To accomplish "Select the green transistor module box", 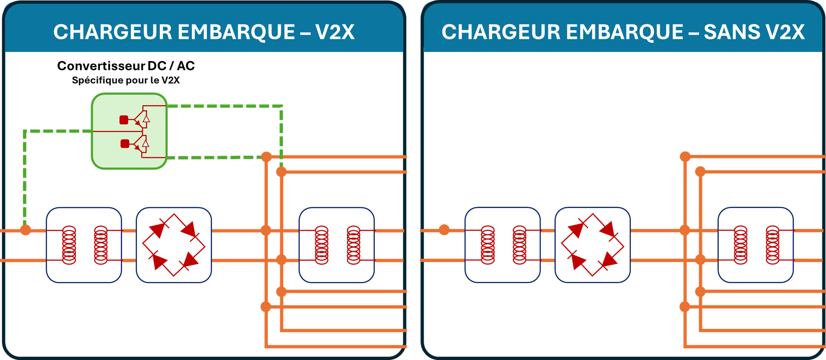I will [130, 131].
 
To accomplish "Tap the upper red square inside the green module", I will [124, 120].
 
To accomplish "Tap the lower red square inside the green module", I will [125, 144].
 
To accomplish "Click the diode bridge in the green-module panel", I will [174, 245].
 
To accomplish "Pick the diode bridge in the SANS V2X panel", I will [593, 245].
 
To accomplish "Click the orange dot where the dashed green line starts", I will [26, 230].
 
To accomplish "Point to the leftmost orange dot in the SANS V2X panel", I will [444, 230].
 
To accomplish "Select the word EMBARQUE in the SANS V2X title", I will [625, 32].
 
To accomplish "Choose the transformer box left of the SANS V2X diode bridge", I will [503, 245].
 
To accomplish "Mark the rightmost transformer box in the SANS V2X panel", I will [756, 245].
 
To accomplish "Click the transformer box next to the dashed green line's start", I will [84, 245].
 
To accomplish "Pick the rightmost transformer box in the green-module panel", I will [337, 245].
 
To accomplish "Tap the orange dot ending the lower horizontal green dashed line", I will [266, 157].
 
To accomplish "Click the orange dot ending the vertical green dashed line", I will [281, 172].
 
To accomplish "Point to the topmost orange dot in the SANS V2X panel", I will [685, 157].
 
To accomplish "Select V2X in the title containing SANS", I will [786, 32].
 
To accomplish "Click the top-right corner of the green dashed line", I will [281, 107].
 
